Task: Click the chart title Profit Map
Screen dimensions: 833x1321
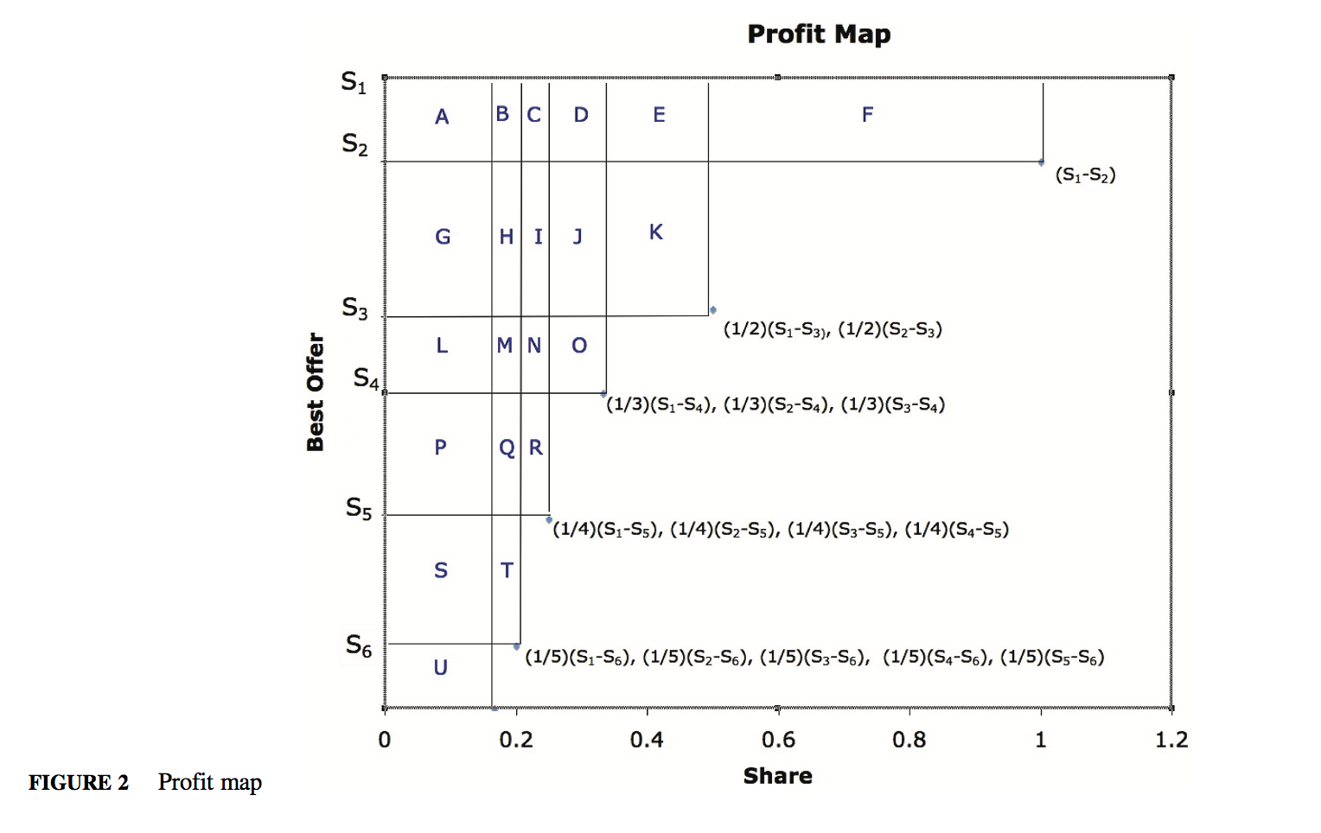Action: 819,34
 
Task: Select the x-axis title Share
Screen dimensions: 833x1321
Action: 777,776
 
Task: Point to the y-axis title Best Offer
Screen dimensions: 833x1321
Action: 316,391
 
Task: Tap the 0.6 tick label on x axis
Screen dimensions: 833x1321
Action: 778,740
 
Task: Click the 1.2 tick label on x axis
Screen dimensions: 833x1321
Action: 1171,740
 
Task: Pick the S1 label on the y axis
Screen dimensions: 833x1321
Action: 354,82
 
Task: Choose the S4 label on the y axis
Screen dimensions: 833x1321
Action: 366,378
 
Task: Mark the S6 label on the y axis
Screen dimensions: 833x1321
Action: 359,645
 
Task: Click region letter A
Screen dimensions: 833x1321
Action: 442,117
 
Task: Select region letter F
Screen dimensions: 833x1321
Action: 867,115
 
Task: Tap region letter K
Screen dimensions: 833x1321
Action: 656,232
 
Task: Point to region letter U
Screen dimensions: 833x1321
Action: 441,667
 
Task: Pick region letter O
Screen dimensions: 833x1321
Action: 579,346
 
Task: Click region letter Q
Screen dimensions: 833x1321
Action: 507,448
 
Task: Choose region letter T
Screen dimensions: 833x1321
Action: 507,570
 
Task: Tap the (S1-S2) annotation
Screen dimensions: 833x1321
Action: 1085,175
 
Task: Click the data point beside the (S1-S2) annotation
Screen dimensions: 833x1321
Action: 1041,162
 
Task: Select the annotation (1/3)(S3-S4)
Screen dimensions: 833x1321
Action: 893,404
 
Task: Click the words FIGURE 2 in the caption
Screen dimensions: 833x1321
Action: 79,783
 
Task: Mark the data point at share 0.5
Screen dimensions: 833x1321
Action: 712,310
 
